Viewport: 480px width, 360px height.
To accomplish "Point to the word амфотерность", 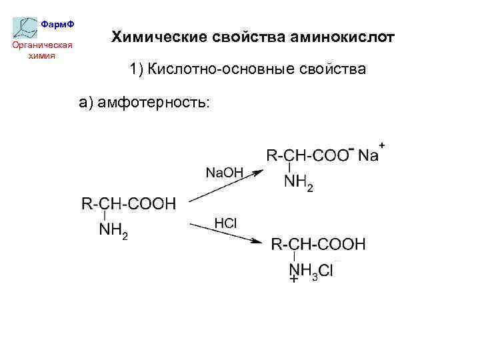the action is coord(149,102).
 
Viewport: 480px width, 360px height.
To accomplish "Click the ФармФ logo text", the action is coord(57,24).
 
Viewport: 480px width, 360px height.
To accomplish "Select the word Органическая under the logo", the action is coord(43,45).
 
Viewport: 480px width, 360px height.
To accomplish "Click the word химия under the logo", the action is coord(43,55).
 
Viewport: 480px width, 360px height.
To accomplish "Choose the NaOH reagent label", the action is coord(225,173).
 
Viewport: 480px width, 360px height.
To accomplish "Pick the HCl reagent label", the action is coord(225,223).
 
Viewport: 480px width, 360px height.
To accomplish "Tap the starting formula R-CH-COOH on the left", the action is coord(129,204).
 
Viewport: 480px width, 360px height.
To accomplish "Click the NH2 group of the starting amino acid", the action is coord(113,231).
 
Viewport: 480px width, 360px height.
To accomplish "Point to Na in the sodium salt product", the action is coord(368,156).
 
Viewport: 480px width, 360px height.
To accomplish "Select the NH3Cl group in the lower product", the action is coord(311,271).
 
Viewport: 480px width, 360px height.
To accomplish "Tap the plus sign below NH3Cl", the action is coord(294,281).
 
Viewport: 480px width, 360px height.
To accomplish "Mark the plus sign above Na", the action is coord(382,144).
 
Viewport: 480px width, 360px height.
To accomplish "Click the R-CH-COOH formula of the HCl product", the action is coord(318,245).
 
